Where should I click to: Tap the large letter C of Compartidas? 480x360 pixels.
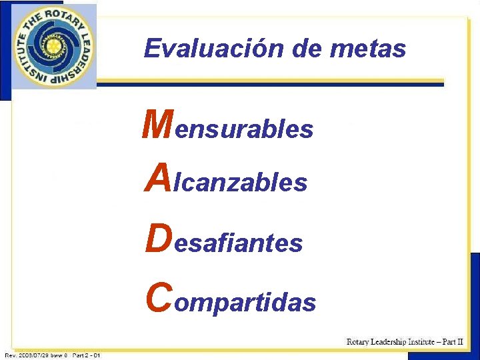(158, 298)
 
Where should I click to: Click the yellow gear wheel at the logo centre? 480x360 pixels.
(53, 46)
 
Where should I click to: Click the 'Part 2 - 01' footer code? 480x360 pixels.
(86, 355)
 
